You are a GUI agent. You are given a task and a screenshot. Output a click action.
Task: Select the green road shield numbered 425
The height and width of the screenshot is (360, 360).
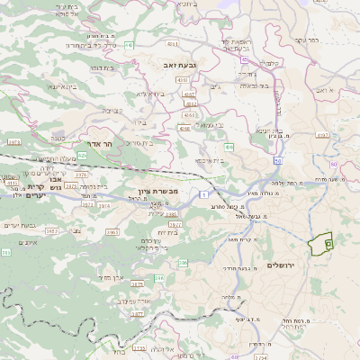pyautogui.click(x=83, y=156)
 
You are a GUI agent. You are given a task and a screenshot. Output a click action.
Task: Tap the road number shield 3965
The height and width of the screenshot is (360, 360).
pyautogui.click(x=112, y=232)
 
